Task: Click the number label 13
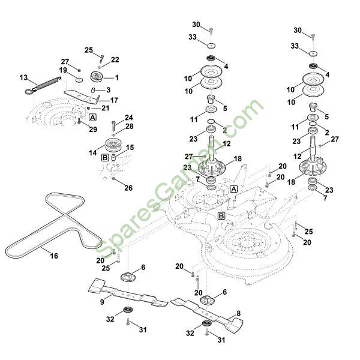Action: point(23,77)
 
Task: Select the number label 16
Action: point(54,256)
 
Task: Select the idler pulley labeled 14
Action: point(113,146)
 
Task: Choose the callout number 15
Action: point(130,147)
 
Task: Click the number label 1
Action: point(116,77)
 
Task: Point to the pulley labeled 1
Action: point(96,77)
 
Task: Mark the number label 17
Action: point(114,100)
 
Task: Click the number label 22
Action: point(115,59)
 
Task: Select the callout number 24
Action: point(128,117)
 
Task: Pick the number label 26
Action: point(128,188)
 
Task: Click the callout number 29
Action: point(93,130)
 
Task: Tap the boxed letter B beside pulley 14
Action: point(104,157)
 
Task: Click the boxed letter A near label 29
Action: point(93,117)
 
